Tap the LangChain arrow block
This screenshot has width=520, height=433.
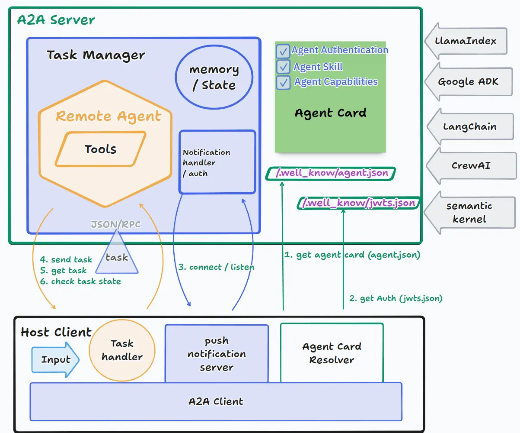click(470, 127)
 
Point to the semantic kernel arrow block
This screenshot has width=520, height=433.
click(470, 212)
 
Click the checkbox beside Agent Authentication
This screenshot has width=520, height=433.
click(283, 52)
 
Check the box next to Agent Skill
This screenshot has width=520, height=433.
click(283, 67)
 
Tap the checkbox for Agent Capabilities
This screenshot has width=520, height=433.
click(283, 82)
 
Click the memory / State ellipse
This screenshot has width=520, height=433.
click(214, 77)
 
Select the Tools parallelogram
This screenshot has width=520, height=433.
click(101, 149)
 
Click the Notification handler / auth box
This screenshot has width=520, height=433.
click(217, 162)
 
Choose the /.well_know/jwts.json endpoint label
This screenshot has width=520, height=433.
click(358, 203)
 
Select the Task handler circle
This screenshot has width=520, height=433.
click(122, 350)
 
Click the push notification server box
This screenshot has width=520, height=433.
click(217, 354)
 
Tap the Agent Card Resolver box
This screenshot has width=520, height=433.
click(332, 353)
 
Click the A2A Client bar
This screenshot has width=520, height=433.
click(216, 401)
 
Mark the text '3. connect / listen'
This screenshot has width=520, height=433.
click(216, 267)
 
